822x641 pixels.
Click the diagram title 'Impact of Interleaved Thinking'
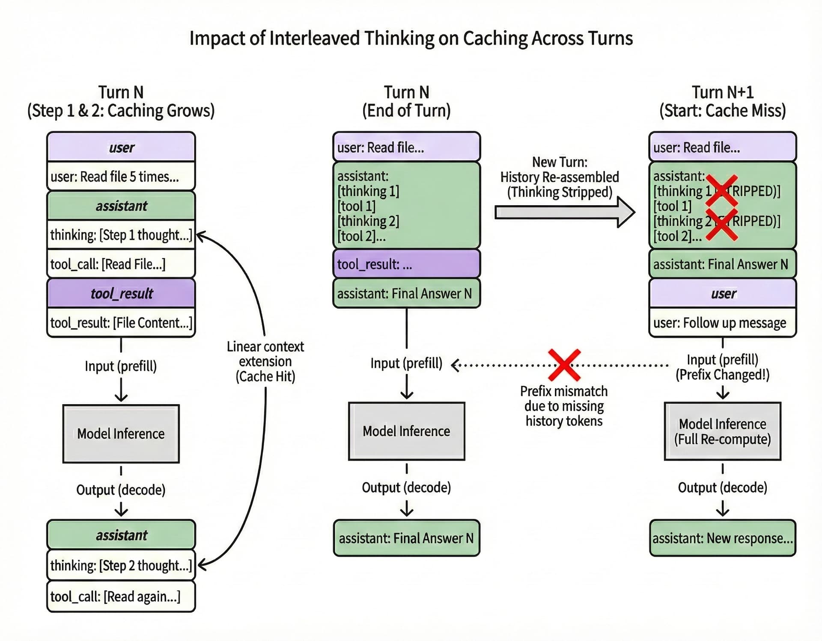tap(411, 38)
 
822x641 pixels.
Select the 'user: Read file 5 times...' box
tap(121, 176)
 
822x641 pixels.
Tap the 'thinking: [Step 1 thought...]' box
tap(121, 235)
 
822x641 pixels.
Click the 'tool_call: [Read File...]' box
tap(121, 264)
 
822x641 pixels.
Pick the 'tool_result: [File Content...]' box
tap(121, 322)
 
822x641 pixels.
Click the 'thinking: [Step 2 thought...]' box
tap(121, 565)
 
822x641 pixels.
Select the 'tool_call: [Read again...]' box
tap(121, 596)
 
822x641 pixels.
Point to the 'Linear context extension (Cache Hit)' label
tap(265, 361)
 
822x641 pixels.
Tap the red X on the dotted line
tap(564, 365)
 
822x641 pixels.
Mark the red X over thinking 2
tap(721, 224)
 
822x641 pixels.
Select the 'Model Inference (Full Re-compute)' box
tap(722, 431)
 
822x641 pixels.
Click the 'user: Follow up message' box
tap(722, 322)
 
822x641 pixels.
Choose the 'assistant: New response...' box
tap(722, 538)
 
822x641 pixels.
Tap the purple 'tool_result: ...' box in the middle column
tap(406, 264)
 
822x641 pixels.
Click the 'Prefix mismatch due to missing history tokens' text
tap(564, 406)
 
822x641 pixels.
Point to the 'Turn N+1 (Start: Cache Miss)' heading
tap(722, 101)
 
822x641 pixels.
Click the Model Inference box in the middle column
tap(406, 431)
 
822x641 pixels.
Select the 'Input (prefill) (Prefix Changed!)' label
tap(722, 367)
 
